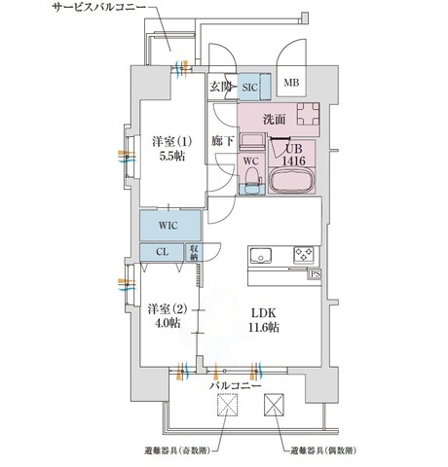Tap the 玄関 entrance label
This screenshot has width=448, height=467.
pos(220,86)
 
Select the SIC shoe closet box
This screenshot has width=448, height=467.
pos(248,86)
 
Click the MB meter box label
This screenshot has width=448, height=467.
pos(291,84)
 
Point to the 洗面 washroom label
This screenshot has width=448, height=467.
pos(276,120)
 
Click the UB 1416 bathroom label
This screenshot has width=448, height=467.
pos(295,154)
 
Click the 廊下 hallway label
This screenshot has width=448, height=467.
pos(222,142)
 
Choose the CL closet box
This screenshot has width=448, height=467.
pos(161,251)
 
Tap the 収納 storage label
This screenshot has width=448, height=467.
pos(195,251)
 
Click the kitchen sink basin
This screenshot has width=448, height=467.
pos(262,256)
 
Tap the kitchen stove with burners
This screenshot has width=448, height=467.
pos(304,255)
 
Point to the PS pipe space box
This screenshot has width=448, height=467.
pos(315,274)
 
